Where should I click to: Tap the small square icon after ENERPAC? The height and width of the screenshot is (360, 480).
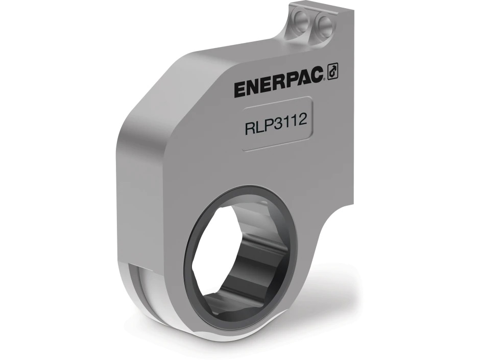332,73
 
